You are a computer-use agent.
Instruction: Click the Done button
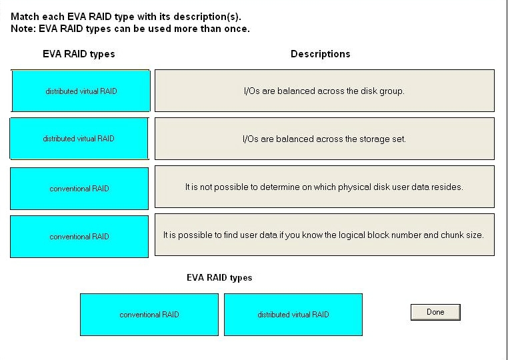pos(435,312)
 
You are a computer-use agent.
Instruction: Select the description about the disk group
pos(325,91)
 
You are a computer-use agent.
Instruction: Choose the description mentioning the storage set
pos(325,139)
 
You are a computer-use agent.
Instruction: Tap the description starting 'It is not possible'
pos(325,187)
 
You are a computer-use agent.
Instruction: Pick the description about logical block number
pos(325,235)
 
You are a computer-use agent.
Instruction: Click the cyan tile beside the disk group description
pos(81,91)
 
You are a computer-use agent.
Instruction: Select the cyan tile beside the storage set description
pos(79,139)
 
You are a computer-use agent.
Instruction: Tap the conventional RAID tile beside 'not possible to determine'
pos(79,189)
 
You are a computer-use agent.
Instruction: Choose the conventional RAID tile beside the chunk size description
pos(79,237)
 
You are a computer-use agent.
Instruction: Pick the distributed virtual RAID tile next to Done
pos(293,315)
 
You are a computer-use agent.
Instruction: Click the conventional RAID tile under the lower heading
pos(149,315)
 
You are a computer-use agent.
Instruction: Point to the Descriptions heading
pos(321,54)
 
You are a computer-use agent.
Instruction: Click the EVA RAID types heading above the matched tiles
pos(79,54)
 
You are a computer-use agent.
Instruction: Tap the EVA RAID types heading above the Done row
pos(219,278)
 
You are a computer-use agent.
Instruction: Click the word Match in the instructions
pos(25,17)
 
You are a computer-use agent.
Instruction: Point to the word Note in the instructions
pos(23,29)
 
